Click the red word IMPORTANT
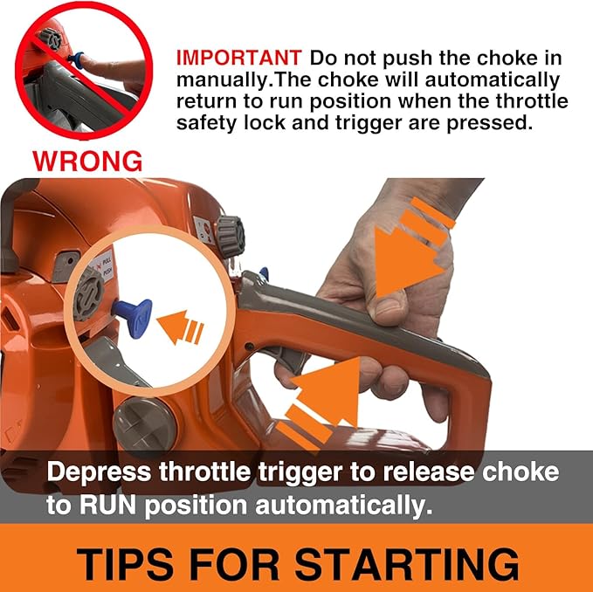239,58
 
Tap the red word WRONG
87,161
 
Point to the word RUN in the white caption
107,505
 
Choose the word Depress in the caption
99,472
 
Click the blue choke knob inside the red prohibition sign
76,60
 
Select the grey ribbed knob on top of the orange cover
231,237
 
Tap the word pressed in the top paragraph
490,123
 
